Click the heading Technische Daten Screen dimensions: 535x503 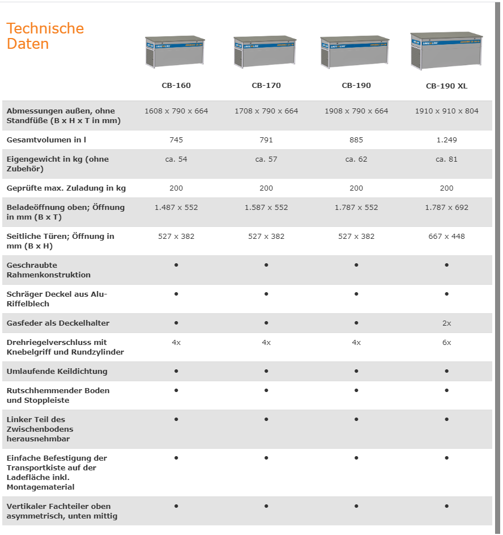(x=45, y=36)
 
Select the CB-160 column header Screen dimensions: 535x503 (x=176, y=86)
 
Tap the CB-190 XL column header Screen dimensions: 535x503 (x=446, y=86)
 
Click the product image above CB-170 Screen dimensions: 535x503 (x=266, y=52)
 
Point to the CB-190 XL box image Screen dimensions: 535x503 (x=446, y=50)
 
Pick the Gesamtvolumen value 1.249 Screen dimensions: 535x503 (x=446, y=140)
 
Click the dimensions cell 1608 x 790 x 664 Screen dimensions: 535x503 (x=176, y=111)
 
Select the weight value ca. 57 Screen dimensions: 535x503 (x=266, y=159)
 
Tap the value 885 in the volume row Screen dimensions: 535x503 (x=356, y=140)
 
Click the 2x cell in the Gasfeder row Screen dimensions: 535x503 (x=446, y=323)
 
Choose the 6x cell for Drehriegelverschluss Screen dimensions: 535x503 (x=446, y=343)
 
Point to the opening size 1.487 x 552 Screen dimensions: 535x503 (x=176, y=208)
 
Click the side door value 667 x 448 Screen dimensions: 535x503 (x=446, y=237)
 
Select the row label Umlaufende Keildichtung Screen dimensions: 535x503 (x=57, y=372)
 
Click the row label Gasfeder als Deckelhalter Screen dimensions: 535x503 (x=58, y=323)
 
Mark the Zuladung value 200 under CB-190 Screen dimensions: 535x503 (x=356, y=188)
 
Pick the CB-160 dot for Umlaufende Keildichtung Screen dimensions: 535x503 (x=176, y=371)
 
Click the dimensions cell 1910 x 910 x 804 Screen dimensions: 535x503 (x=446, y=111)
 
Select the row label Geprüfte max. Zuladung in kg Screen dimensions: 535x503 (x=66, y=188)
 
